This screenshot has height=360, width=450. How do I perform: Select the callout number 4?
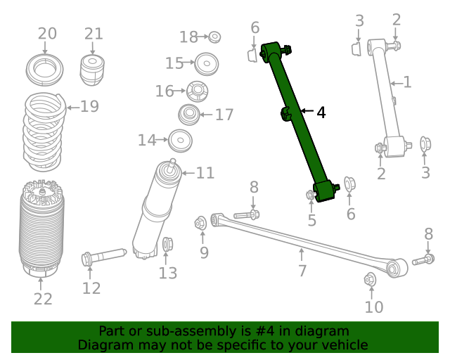(x=321, y=112)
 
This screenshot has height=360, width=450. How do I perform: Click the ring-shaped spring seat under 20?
(x=46, y=70)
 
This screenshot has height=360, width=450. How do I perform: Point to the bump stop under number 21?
(x=93, y=68)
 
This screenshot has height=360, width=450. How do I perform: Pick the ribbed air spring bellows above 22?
(x=41, y=229)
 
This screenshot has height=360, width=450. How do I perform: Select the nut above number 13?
(x=167, y=245)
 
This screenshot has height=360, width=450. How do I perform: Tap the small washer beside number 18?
(x=215, y=37)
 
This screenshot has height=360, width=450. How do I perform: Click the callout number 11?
(x=205, y=173)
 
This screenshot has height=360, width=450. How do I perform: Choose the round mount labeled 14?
(x=180, y=141)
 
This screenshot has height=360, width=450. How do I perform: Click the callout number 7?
(x=302, y=271)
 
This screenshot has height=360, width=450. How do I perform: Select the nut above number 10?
(x=371, y=281)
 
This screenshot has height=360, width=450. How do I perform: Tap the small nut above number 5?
(x=310, y=195)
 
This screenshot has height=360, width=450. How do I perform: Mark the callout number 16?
(x=164, y=91)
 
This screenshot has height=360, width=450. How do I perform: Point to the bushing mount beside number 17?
(x=188, y=114)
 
